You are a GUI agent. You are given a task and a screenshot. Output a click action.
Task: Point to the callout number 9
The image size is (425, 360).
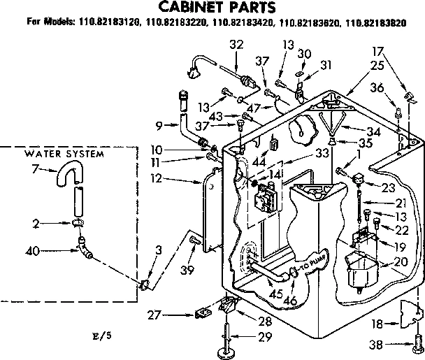(159, 126)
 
